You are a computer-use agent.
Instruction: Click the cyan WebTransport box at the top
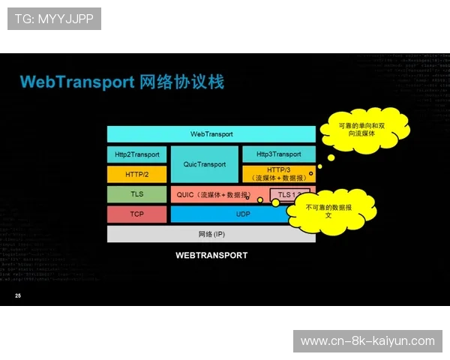tap(211, 133)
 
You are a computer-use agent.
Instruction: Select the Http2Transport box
tap(136, 154)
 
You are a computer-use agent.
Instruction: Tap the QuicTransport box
tap(204, 164)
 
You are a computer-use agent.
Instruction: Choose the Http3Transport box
tap(278, 154)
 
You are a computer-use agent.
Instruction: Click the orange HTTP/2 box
tap(136, 175)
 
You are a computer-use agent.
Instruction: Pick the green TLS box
tap(136, 194)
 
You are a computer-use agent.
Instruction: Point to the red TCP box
tap(136, 214)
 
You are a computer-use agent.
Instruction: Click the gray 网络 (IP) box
tap(211, 234)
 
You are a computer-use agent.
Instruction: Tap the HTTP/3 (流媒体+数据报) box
tap(278, 174)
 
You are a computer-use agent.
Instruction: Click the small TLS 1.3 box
tap(287, 195)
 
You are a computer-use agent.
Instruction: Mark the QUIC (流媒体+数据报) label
tap(213, 195)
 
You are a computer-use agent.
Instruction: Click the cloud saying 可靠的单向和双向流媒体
tap(364, 130)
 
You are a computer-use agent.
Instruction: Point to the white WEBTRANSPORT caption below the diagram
tap(211, 255)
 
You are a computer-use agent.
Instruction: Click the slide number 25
tap(18, 297)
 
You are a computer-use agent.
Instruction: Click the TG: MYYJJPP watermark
tap(53, 18)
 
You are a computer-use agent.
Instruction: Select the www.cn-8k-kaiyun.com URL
tap(367, 341)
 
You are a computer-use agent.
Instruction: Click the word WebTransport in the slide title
tap(77, 81)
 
